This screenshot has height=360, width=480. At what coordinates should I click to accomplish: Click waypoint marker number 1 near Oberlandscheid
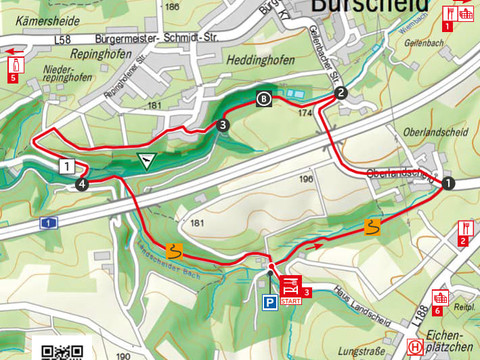tap(448, 183)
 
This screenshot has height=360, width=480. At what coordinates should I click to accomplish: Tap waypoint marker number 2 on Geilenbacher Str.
tap(341, 93)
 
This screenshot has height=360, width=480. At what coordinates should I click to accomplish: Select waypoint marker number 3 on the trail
tap(221, 125)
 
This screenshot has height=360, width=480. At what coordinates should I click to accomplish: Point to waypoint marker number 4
tap(81, 184)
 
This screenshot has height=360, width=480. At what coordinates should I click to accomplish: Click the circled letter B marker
tap(263, 98)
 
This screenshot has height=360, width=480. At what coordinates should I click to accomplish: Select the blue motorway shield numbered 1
tap(46, 222)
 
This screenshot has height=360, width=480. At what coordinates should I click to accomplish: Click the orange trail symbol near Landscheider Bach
tap(174, 249)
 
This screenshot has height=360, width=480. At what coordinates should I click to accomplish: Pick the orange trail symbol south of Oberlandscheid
tap(374, 227)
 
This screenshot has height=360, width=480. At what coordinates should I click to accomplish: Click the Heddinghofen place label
tap(259, 60)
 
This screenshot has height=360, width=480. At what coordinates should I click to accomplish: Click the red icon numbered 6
tap(439, 298)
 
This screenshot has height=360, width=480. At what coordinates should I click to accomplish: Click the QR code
tap(62, 351)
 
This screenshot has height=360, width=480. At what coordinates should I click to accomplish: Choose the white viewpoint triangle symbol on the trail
tap(148, 160)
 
